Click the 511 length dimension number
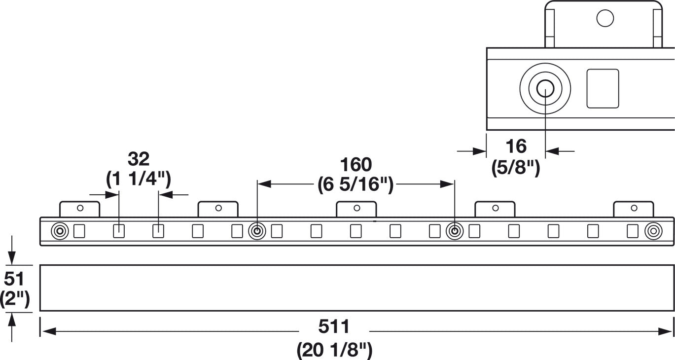point(334,326)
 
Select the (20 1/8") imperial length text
point(334,350)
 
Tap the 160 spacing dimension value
point(356,165)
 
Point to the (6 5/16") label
point(355,184)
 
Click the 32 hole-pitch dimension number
point(139,159)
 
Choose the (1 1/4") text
point(139,180)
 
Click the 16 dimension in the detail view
point(516,146)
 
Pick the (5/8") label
point(516,167)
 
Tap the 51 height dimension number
point(14,279)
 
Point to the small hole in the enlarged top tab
point(605,18)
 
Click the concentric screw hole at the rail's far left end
point(60,232)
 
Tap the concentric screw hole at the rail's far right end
point(653,232)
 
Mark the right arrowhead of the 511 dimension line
point(665,332)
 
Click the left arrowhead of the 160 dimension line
point(265,184)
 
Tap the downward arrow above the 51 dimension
point(12,250)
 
